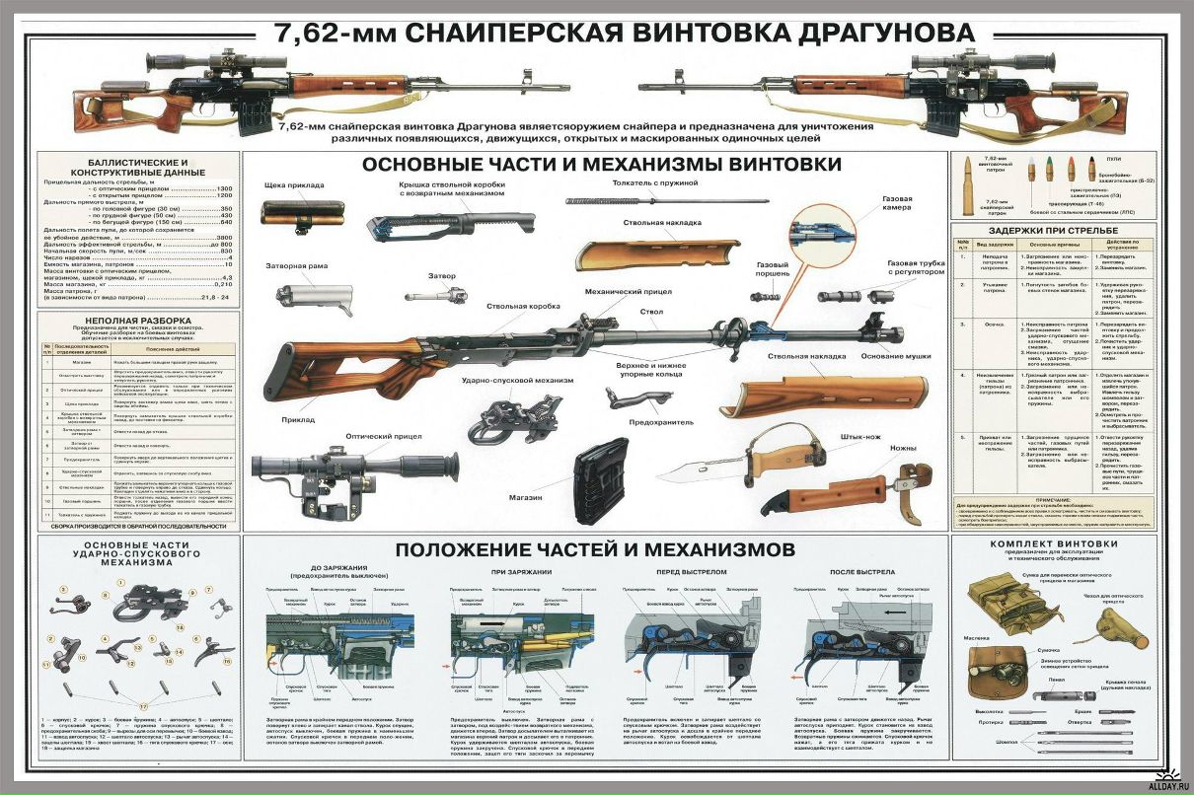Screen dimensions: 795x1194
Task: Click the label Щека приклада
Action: (x=294, y=184)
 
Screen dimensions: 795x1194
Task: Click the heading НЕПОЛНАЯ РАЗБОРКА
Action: (x=136, y=321)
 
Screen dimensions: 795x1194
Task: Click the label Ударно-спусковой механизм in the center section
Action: (x=504, y=379)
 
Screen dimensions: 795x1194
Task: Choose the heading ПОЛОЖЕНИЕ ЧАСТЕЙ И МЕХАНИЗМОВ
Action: (x=594, y=548)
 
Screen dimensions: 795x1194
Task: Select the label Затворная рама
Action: (x=296, y=266)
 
